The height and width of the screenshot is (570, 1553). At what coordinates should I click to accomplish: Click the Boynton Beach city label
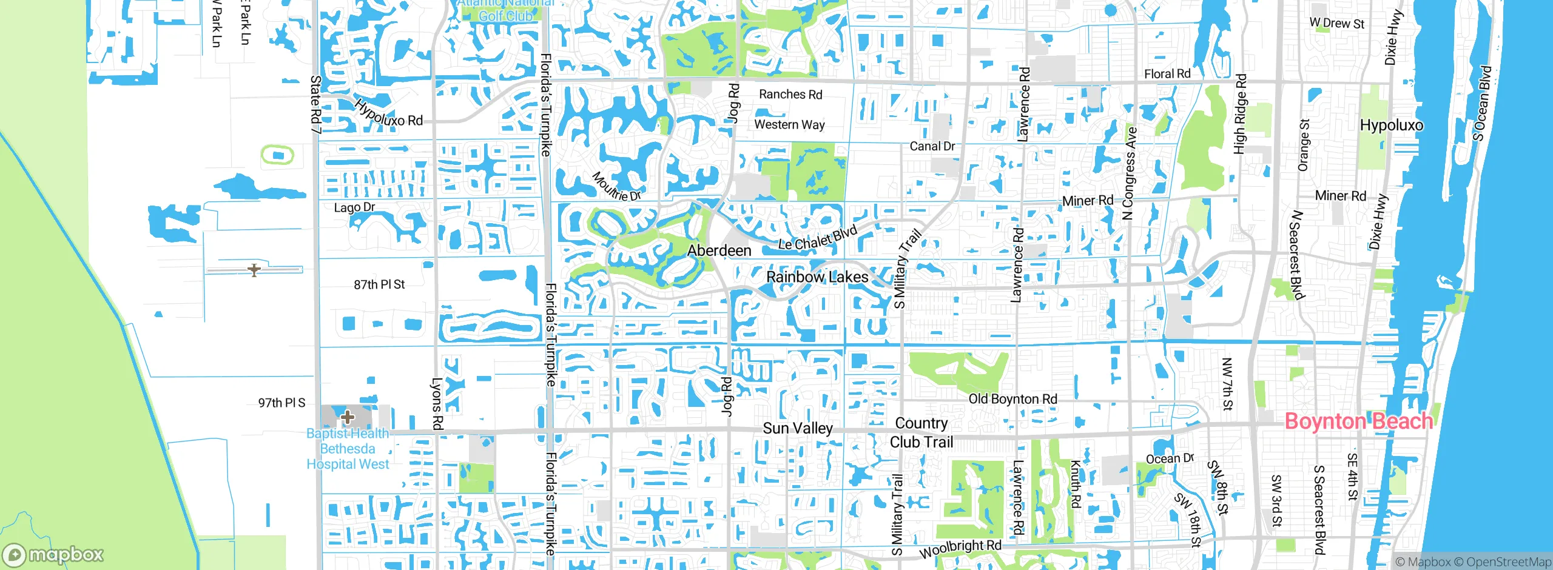pos(1358,421)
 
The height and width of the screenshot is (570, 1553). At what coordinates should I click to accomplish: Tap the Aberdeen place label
pos(719,250)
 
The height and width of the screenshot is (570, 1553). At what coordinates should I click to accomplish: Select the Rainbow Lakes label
pos(817,277)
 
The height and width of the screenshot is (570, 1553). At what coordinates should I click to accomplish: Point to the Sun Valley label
pos(798,428)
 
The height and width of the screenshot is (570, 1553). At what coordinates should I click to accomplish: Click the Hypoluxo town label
pos(1391,126)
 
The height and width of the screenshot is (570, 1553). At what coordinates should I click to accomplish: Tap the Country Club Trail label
pos(921,432)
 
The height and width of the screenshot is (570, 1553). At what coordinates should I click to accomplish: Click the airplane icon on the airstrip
pos(254,270)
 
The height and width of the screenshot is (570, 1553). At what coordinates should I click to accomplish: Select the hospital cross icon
pos(348,417)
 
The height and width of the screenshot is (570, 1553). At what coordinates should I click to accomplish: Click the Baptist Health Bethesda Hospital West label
pos(348,449)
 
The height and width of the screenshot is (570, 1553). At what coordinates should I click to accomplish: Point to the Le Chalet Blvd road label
pos(817,238)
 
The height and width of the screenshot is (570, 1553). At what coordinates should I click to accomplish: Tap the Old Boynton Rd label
pos(1012,399)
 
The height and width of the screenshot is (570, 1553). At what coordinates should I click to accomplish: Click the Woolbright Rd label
pos(960,549)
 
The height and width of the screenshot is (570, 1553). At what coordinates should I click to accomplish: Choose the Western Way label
pos(789,124)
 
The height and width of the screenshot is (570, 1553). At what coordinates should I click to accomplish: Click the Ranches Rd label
pos(790,95)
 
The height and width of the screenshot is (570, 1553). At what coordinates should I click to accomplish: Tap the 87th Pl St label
pos(379,284)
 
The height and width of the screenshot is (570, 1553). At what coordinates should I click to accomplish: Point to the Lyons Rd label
pos(437,404)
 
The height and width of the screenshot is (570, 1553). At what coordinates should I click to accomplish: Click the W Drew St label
pos(1336,23)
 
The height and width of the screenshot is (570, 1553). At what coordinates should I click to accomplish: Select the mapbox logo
pos(53,554)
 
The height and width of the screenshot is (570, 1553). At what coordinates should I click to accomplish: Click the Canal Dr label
pos(932,146)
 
